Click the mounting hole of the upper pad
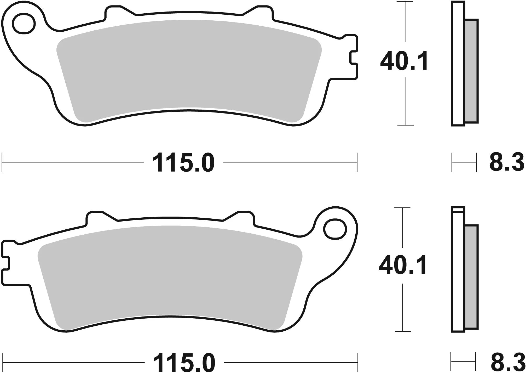click(24, 24)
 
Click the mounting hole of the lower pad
click(335, 230)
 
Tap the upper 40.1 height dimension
click(404, 61)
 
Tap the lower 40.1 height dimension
click(403, 265)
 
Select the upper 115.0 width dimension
click(183, 163)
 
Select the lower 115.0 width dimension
click(184, 363)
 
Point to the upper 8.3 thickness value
click(507, 162)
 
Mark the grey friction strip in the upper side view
click(472, 71)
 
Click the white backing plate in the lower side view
click(458, 272)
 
